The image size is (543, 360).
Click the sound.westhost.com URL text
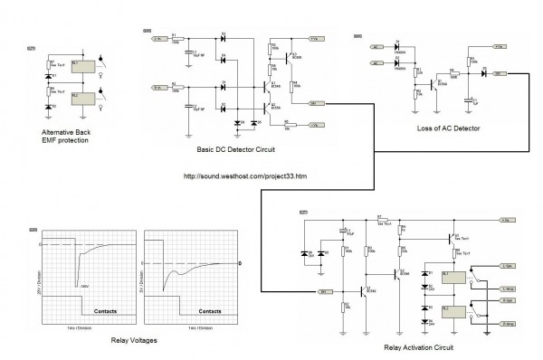click(245, 176)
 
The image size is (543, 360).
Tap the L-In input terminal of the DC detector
click(158, 40)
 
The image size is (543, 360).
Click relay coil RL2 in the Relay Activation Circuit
click(458, 313)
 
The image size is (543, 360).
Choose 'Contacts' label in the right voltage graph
click(206, 308)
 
